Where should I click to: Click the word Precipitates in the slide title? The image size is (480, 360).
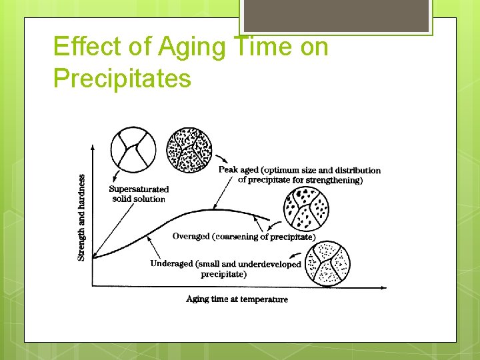coord(122,79)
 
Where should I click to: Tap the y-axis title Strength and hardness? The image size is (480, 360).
coord(81,218)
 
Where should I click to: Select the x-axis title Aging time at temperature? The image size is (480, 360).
coord(237,299)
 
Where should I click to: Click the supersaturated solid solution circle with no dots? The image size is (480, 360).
coord(134,147)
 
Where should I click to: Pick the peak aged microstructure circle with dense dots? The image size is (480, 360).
coord(187,150)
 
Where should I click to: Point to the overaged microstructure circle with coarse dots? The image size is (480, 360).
coord(306,209)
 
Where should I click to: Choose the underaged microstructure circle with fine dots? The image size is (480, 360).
coord(327,263)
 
